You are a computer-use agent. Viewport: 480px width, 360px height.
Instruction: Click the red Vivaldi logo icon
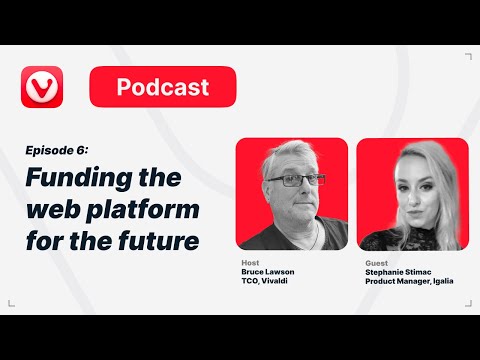tap(42, 87)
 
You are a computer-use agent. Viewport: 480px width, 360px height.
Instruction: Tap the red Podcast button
tap(163, 87)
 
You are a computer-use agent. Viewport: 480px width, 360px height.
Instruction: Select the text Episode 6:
tap(57, 150)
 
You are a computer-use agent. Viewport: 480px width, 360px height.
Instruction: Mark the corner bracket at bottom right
tap(467, 302)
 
